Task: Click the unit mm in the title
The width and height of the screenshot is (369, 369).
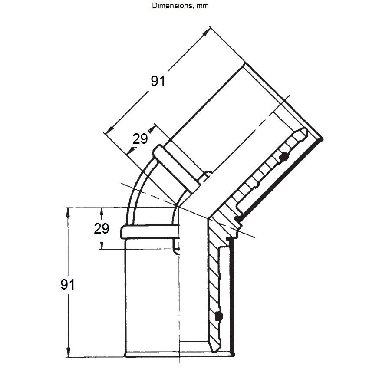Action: pyautogui.click(x=202, y=6)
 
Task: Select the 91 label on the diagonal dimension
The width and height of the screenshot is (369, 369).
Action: pyautogui.click(x=158, y=81)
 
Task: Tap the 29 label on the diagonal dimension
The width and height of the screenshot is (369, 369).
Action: pyautogui.click(x=140, y=138)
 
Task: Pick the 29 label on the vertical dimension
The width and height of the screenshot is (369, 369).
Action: pyautogui.click(x=102, y=228)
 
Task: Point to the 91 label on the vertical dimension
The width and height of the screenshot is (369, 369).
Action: pyautogui.click(x=68, y=284)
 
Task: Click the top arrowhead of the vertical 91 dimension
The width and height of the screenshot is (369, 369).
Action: pyautogui.click(x=68, y=212)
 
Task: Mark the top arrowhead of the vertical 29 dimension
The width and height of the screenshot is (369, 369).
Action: pyautogui.click(x=102, y=212)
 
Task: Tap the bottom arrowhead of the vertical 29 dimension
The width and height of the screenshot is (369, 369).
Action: pyautogui.click(x=102, y=244)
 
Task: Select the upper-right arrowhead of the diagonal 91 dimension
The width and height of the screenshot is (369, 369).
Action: pyautogui.click(x=206, y=32)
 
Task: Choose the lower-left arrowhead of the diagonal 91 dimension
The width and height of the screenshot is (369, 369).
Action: pyautogui.click(x=109, y=130)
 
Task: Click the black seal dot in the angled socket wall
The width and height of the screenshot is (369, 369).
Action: pyautogui.click(x=284, y=156)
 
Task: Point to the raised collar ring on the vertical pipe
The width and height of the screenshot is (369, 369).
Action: pyautogui.click(x=150, y=232)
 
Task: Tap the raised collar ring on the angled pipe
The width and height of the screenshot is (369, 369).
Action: pyautogui.click(x=175, y=169)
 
